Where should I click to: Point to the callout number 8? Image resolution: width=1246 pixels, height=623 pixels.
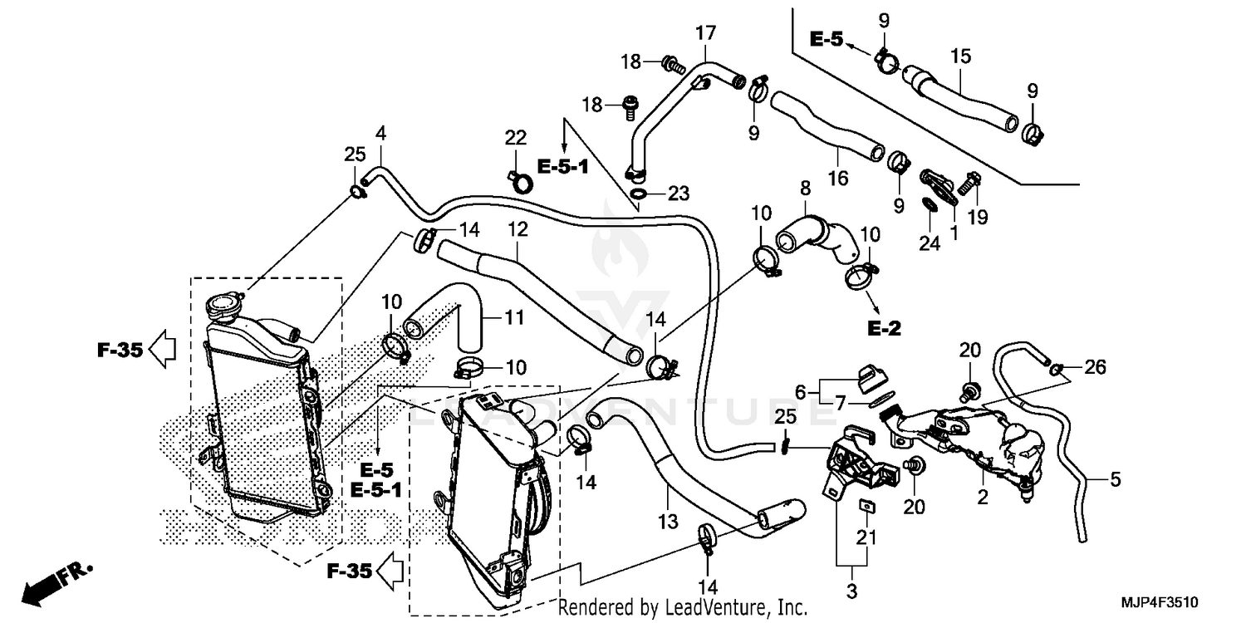[805, 189]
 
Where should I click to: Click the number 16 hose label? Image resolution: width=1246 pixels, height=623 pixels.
[836, 178]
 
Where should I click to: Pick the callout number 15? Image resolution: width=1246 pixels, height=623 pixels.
[960, 57]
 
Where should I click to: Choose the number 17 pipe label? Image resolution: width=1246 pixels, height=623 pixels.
[705, 34]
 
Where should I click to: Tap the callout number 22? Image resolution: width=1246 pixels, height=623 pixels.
[516, 137]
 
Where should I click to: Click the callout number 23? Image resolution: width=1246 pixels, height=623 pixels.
[679, 194]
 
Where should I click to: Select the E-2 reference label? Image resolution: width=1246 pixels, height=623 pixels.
[884, 329]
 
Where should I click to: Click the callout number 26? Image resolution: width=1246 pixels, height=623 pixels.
[1096, 366]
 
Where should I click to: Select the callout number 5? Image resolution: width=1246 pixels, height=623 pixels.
[1116, 479]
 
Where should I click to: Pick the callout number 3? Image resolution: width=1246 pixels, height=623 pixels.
[851, 591]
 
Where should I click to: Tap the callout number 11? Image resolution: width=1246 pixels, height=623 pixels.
[516, 316]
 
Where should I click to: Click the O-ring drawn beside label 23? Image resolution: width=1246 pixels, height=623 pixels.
[639, 195]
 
